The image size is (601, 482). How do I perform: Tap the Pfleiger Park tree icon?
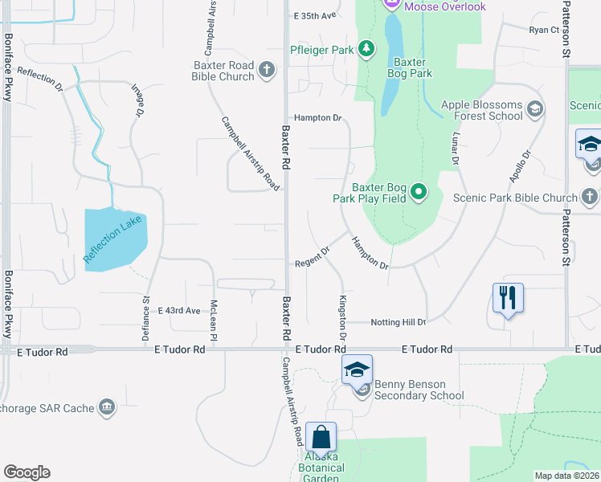click(366, 50)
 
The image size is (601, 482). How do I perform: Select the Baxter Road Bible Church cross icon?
click(268, 71)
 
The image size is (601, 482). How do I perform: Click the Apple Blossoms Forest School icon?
click(534, 108)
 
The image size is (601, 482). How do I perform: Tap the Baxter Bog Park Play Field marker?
click(418, 192)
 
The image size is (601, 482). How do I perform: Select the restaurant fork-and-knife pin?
click(508, 297)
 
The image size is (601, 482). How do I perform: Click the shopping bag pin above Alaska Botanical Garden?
click(321, 439)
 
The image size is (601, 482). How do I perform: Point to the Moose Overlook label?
click(444, 6)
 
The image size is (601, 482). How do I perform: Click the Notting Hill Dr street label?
click(399, 322)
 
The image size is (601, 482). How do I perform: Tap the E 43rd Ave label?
click(179, 310)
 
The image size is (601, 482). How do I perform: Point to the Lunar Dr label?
click(456, 149)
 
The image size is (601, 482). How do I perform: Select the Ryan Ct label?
click(544, 30)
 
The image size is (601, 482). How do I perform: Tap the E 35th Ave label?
click(314, 15)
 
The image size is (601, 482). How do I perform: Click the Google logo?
click(27, 472)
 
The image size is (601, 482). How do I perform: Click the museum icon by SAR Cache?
click(107, 408)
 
